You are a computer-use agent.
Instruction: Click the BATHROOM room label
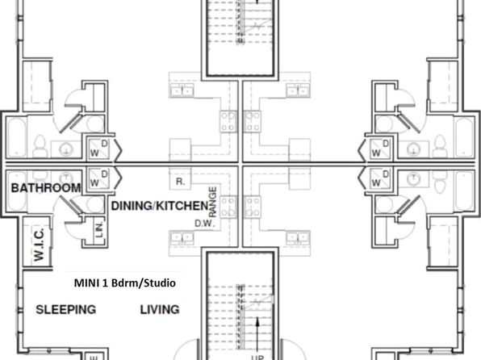46,188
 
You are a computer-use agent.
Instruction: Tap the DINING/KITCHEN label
160,206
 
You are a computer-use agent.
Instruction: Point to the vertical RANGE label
212,202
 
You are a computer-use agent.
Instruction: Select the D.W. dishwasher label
204,224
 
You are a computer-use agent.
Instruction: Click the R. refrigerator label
181,182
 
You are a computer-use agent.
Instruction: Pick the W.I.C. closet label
40,245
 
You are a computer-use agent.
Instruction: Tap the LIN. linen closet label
99,229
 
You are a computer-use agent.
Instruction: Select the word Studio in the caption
160,283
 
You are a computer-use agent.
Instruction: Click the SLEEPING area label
66,309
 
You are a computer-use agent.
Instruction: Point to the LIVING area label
160,309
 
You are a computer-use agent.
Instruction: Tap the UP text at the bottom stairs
257,358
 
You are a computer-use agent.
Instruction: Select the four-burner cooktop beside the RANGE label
228,207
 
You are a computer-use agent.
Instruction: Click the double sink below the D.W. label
182,238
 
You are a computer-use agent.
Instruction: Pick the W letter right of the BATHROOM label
94,183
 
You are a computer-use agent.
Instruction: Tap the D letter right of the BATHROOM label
105,174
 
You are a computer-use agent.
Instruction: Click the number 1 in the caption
105,283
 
